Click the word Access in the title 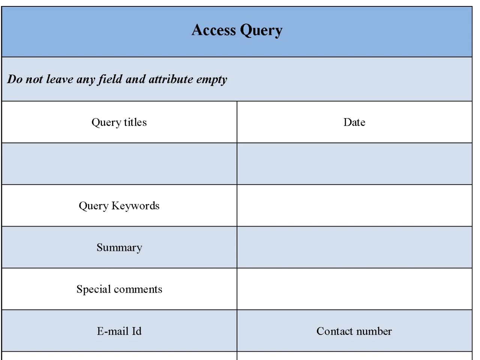pos(214,30)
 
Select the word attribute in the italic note pos(171,79)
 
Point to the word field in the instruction pos(111,79)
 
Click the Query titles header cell pos(119,122)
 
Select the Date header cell pos(354,122)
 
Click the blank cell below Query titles pos(119,164)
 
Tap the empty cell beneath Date pos(354,164)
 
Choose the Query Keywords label pos(119,206)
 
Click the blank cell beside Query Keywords pos(354,206)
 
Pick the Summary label pos(119,247)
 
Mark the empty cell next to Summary pos(354,247)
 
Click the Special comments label pos(119,289)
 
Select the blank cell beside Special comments pos(354,289)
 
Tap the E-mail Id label pos(119,331)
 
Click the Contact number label pos(354,331)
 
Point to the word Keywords pos(136,206)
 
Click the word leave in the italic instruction pos(60,79)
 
